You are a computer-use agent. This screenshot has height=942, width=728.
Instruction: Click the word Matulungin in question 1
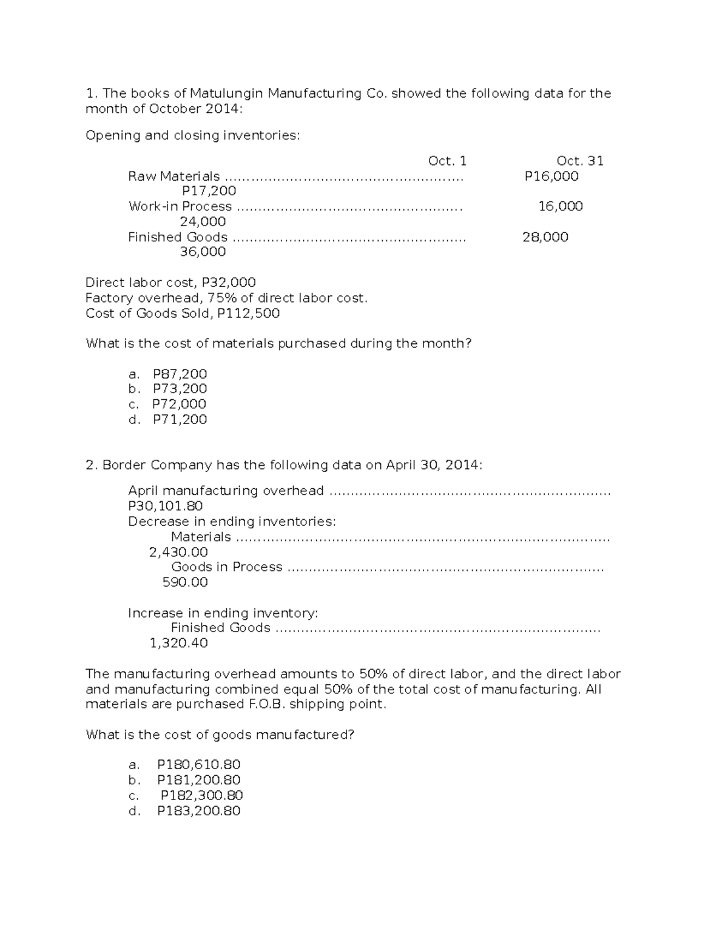coord(226,93)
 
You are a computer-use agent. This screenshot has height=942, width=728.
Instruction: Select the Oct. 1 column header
coord(447,161)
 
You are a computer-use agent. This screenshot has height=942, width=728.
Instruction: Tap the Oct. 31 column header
coord(580,161)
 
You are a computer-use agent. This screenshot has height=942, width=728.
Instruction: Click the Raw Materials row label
coord(174,177)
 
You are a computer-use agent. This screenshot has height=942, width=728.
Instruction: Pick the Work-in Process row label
coord(180,206)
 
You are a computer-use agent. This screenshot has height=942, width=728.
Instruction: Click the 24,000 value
coord(203,221)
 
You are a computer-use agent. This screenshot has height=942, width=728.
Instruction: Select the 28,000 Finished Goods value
coord(545,237)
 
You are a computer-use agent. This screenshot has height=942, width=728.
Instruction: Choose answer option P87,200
coord(180,374)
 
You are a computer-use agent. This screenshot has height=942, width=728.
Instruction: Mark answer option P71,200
coord(180,419)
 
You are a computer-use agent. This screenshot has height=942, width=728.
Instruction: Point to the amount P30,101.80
coord(166,506)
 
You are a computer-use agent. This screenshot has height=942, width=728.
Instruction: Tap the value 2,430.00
coord(178,552)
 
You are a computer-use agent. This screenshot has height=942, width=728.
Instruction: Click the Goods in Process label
coord(227,567)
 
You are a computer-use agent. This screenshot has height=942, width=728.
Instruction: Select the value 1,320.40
coord(179,643)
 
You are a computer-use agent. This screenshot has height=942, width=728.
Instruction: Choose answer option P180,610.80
coord(199,765)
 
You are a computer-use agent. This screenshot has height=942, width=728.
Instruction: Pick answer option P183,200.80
coord(199,811)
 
